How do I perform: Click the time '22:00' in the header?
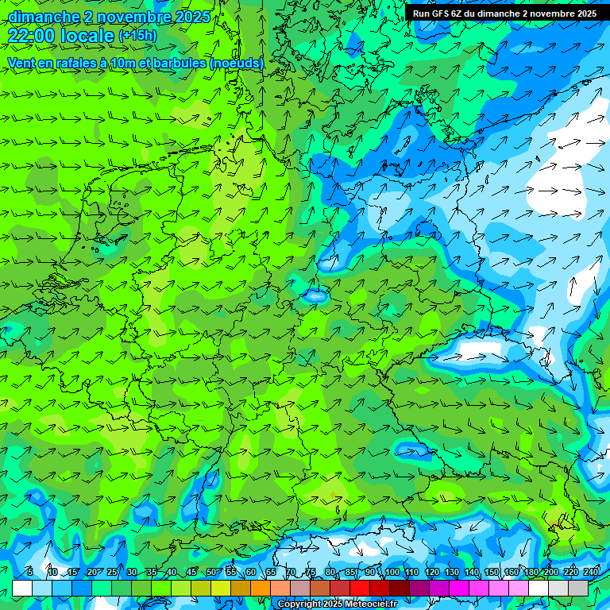pyautogui.click(x=33, y=36)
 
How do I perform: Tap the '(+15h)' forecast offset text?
pyautogui.click(x=137, y=36)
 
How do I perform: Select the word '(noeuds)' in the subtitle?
pyautogui.click(x=237, y=63)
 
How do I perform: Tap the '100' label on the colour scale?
pyautogui.click(x=392, y=573)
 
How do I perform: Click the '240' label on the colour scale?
pyautogui.click(x=591, y=573)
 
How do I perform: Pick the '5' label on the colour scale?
pyautogui.click(x=29, y=573)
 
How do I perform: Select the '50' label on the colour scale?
pyautogui.click(x=211, y=573)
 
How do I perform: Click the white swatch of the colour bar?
pyautogui.click(x=22, y=588)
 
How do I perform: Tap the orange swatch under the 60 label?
pyautogui.click(x=241, y=588)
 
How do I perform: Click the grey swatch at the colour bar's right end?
pyautogui.click(x=578, y=588)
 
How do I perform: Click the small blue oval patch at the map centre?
pyautogui.click(x=316, y=297)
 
